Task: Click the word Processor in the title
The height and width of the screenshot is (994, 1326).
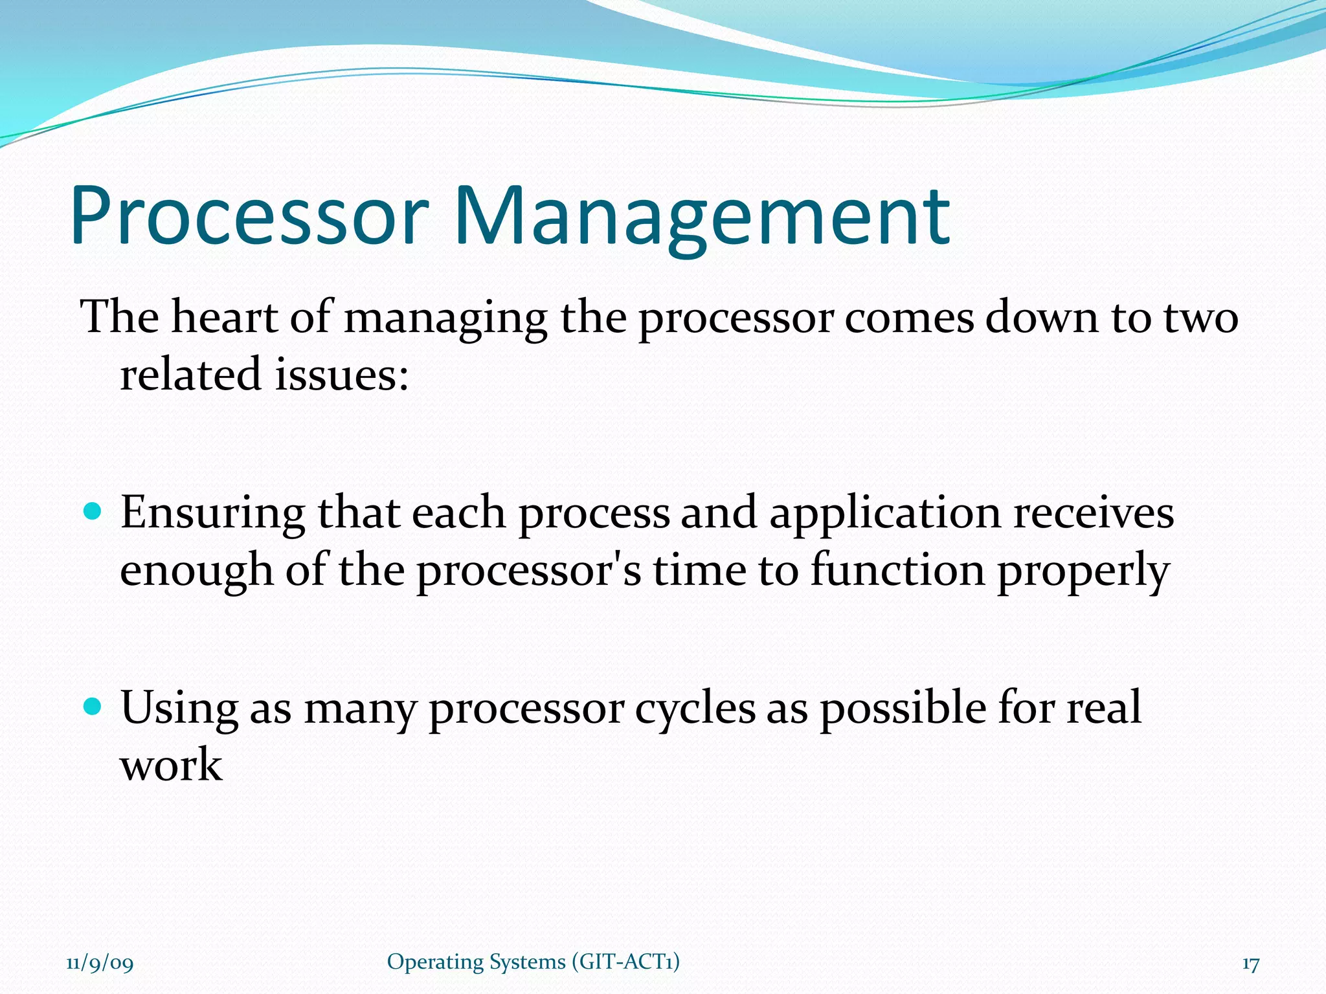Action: [x=249, y=217]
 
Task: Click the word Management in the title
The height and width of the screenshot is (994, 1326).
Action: [x=702, y=217]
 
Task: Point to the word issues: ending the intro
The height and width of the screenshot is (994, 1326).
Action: [x=341, y=375]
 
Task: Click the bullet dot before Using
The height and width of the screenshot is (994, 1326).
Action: [x=93, y=706]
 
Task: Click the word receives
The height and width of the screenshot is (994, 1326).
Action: [x=1094, y=513]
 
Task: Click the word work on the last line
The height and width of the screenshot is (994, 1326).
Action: [x=172, y=766]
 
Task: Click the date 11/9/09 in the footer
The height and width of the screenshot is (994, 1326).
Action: [x=100, y=964]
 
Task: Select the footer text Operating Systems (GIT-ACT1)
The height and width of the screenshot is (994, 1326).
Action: [x=533, y=962]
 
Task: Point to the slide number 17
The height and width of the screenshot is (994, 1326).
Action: [x=1250, y=964]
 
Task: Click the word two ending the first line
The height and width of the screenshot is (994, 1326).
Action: [x=1200, y=318]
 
